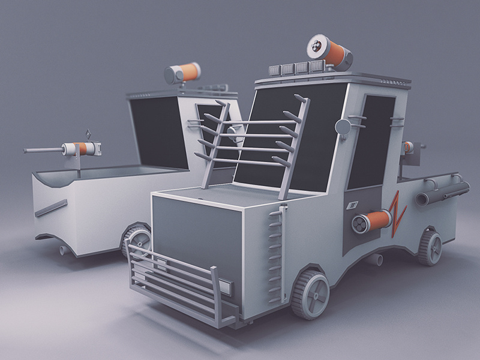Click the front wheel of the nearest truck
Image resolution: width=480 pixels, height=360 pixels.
click(311, 294)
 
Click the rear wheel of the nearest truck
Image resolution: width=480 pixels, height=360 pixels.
click(430, 247)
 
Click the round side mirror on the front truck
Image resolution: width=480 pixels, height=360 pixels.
click(343, 127)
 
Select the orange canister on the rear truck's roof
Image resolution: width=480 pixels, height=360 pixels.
click(182, 74)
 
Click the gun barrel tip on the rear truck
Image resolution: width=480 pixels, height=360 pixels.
click(27, 151)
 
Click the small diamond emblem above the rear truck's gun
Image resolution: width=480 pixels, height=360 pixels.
click(89, 133)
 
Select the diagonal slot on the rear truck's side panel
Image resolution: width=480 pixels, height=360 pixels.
click(50, 208)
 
